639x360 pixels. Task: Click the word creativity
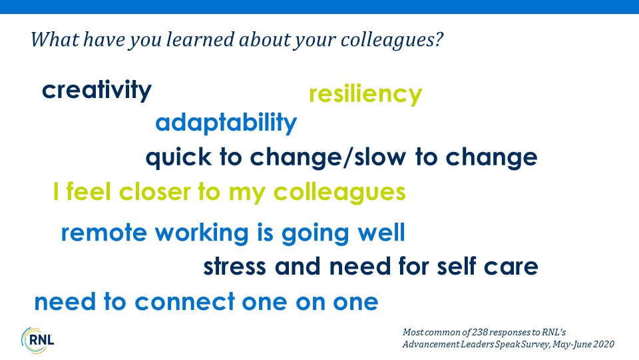pyautogui.click(x=97, y=90)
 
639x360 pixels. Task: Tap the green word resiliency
pyautogui.click(x=365, y=94)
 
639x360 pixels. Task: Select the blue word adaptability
pyautogui.click(x=226, y=123)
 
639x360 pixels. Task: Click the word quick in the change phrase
pyautogui.click(x=178, y=158)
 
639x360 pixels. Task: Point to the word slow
pyautogui.click(x=380, y=157)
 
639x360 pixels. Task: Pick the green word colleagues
pyautogui.click(x=339, y=193)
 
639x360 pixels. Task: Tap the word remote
pyautogui.click(x=104, y=233)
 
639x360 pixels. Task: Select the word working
pyautogui.click(x=202, y=233)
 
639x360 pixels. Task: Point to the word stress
pyautogui.click(x=235, y=267)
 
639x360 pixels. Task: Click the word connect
pyautogui.click(x=185, y=303)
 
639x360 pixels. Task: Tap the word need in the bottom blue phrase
pyautogui.click(x=65, y=302)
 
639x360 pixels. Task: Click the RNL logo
pyautogui.click(x=37, y=340)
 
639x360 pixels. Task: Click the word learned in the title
pyautogui.click(x=200, y=39)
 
